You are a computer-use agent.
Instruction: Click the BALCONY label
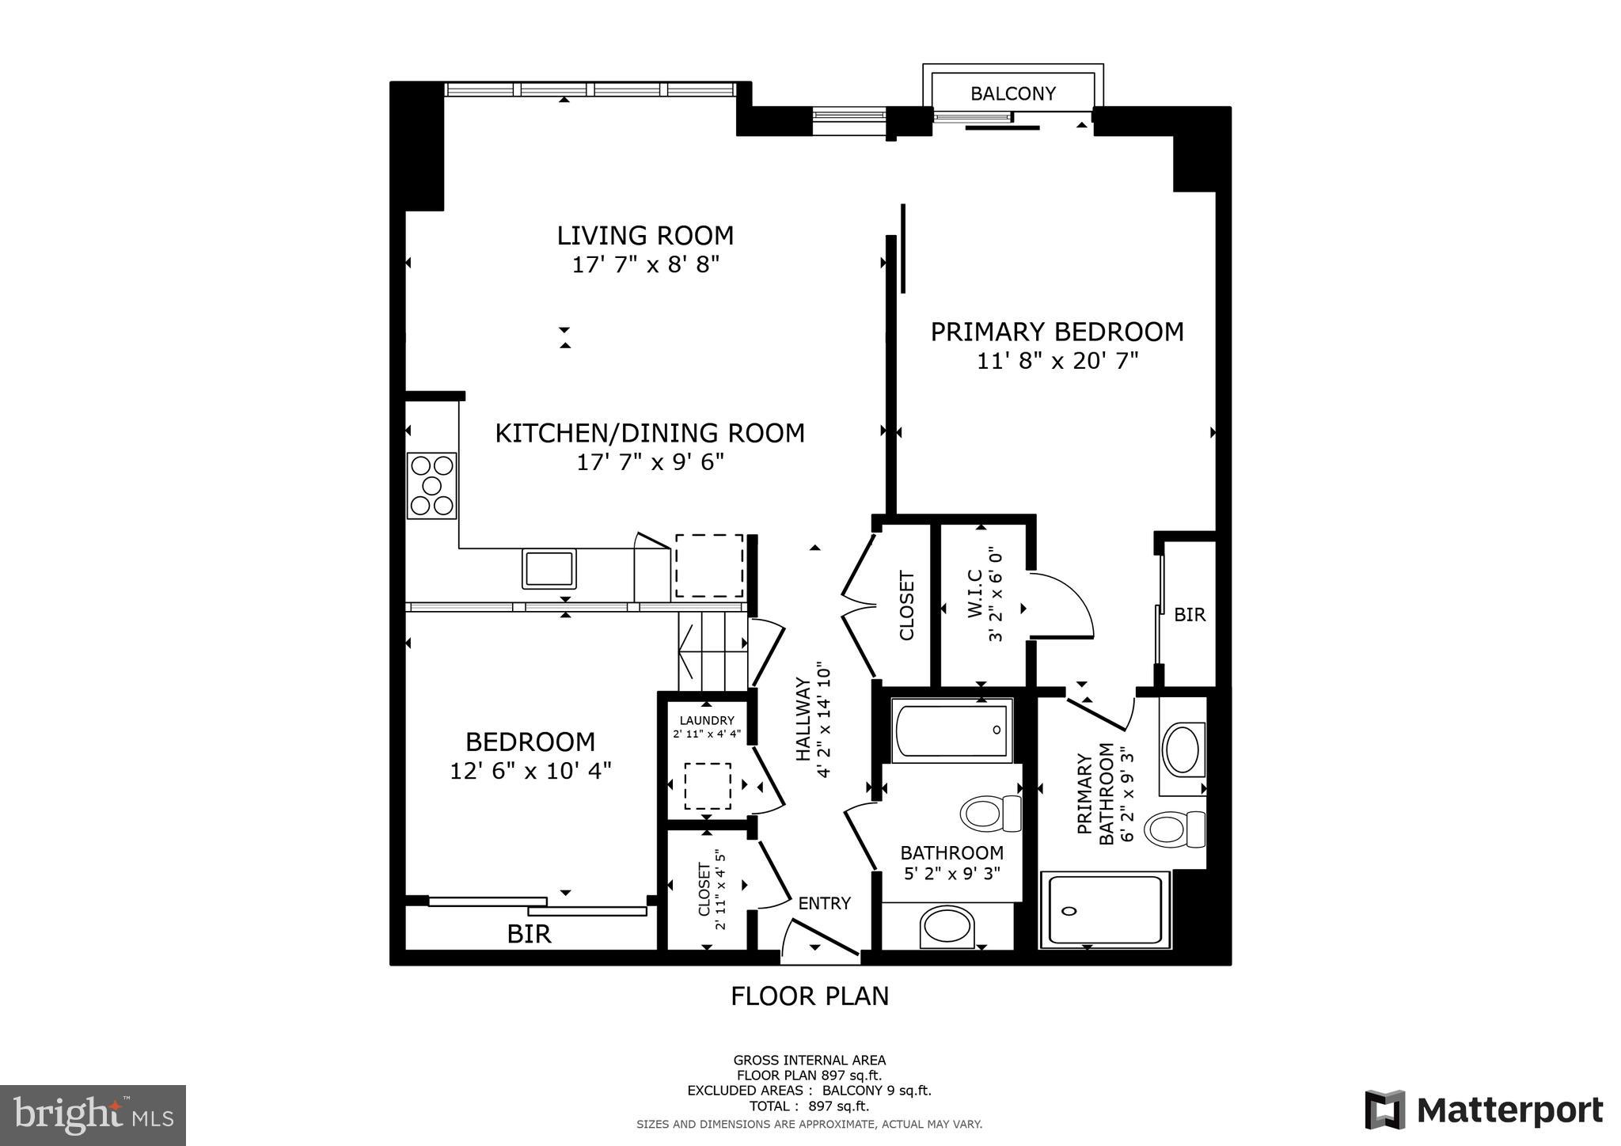1012,93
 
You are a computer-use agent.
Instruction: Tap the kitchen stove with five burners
431,485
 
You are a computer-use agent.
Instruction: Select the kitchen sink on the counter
549,568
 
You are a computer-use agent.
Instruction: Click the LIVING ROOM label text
645,236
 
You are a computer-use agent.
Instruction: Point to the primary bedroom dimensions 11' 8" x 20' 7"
1057,361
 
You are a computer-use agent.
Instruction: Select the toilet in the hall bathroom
990,813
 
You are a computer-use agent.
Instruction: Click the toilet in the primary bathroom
1173,829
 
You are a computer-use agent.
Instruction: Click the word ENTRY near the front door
824,903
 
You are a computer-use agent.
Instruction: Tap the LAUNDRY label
707,720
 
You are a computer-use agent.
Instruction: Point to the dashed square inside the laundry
707,785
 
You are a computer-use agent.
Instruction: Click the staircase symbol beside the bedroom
712,652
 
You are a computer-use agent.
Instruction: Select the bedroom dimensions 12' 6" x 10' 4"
530,770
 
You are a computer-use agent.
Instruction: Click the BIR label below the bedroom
529,934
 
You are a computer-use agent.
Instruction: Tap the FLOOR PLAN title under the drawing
809,996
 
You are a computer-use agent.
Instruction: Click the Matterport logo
1483,1110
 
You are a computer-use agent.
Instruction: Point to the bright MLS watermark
93,1115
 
